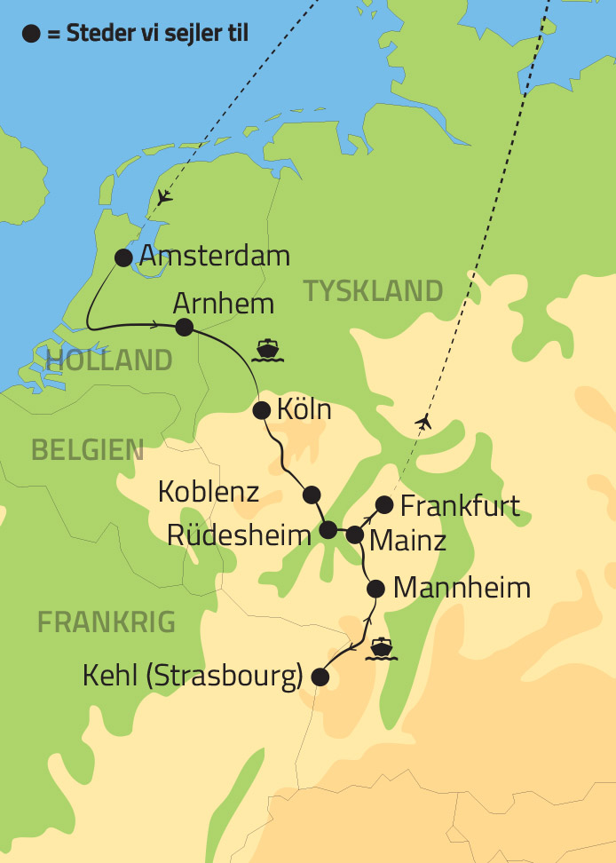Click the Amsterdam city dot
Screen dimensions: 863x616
pyautogui.click(x=123, y=257)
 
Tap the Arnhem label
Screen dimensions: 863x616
pyautogui.click(x=224, y=303)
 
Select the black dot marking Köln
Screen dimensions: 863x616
pyautogui.click(x=261, y=410)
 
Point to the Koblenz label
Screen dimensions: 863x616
pyautogui.click(x=209, y=492)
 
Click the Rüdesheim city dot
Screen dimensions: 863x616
pyautogui.click(x=328, y=530)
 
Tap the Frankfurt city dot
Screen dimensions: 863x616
pyautogui.click(x=384, y=505)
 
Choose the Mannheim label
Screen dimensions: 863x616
pyautogui.click(x=462, y=588)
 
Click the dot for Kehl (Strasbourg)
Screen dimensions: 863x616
pyautogui.click(x=320, y=677)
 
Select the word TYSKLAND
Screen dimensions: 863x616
pyautogui.click(x=373, y=290)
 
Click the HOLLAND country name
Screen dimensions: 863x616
pyautogui.click(x=108, y=360)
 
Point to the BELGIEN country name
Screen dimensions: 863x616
pyautogui.click(x=87, y=449)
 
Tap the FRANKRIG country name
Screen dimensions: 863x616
pyautogui.click(x=107, y=622)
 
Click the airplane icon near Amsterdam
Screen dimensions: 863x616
pyautogui.click(x=163, y=198)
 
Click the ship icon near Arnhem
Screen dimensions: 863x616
pyautogui.click(x=266, y=350)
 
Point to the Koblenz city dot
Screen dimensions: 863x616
pyautogui.click(x=310, y=494)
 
